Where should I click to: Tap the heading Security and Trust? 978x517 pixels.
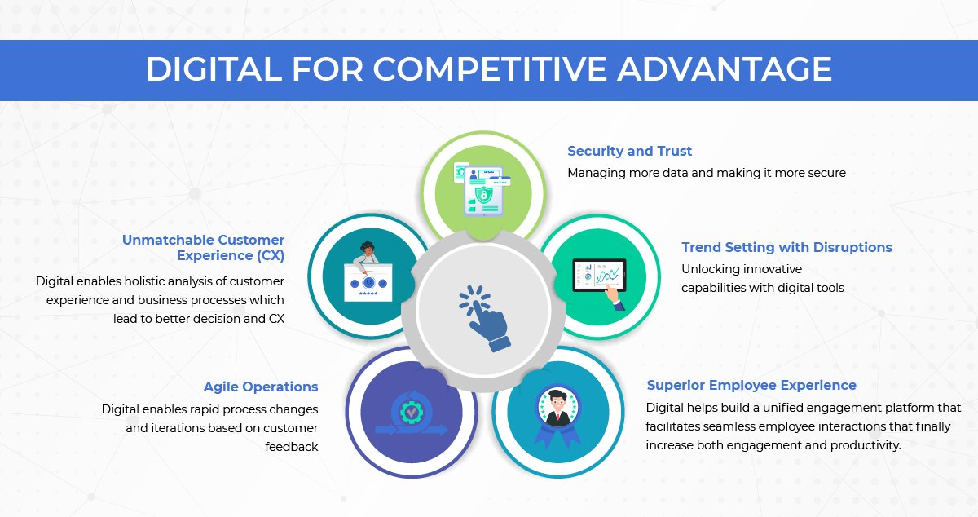click(629, 151)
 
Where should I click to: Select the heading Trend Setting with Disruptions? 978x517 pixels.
click(786, 247)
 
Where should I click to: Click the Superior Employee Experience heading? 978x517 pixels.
click(751, 385)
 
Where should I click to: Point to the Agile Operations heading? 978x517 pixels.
click(261, 387)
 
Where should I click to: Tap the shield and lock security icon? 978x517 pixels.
click(483, 196)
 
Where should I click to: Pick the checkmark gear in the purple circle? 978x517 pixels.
click(411, 413)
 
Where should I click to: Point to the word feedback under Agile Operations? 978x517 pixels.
click(291, 446)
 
